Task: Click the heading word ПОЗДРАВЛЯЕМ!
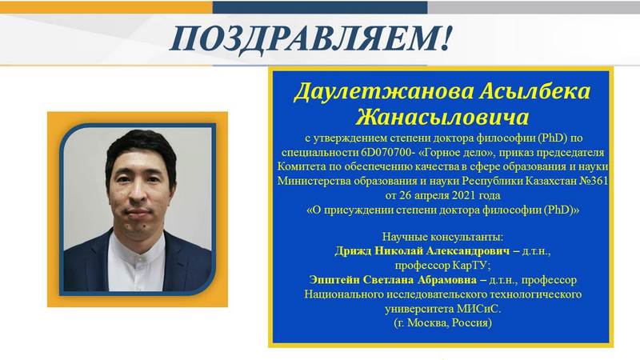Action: pos(311,39)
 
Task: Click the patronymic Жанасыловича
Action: pos(442,117)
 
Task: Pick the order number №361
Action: pos(594,181)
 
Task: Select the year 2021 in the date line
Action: pos(463,195)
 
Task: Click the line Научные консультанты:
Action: pos(443,237)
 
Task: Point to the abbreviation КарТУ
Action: pos(471,266)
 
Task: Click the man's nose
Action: pos(138,191)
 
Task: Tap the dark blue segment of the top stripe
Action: pos(320,7)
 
